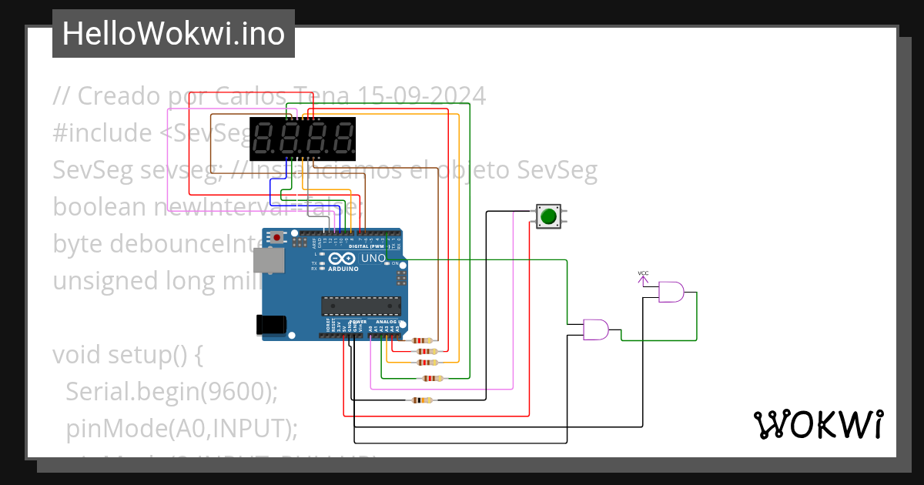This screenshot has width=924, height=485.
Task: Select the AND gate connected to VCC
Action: point(671,292)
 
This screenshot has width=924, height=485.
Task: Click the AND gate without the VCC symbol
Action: point(595,329)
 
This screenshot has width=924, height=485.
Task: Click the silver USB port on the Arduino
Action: point(269,261)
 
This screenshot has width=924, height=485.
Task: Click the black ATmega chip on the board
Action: point(361,306)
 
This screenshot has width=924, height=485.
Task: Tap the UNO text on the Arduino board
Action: point(373,259)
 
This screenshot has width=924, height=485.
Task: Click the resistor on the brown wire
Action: point(423,340)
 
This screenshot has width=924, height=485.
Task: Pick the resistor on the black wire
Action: point(423,400)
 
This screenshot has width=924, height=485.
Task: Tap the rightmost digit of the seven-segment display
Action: point(340,139)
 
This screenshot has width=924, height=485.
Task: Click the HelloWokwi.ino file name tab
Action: point(173,34)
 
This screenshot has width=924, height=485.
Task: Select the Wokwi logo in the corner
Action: point(818,424)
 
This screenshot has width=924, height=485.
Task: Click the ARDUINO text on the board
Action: point(343,269)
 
